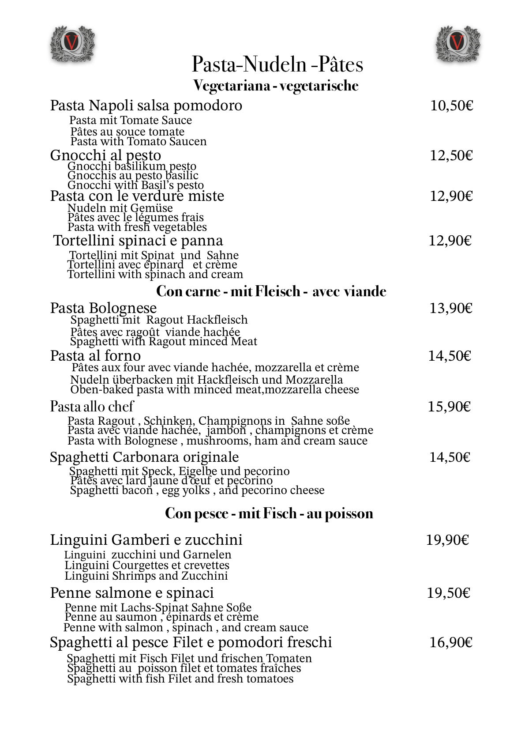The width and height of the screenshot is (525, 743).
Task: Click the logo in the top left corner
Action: point(72,43)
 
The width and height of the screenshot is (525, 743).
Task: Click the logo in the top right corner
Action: point(457,43)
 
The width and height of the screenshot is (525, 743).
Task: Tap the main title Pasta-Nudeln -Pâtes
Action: point(277,64)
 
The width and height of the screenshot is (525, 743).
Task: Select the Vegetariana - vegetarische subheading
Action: point(276,86)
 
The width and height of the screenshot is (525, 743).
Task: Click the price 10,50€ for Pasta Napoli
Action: point(451,106)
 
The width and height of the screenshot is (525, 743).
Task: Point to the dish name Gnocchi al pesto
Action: point(105,155)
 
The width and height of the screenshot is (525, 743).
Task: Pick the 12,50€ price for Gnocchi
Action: point(451,155)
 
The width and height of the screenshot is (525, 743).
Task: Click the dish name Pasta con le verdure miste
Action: point(137,196)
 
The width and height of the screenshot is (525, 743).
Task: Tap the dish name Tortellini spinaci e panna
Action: point(138,241)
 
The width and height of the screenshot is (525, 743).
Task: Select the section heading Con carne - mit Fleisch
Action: point(271,291)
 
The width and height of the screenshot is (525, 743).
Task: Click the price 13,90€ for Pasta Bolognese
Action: point(451,308)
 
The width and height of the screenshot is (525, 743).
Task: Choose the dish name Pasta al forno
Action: point(95,356)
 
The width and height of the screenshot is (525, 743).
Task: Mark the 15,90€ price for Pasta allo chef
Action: point(449,407)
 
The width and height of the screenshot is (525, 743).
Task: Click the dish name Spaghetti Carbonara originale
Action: point(144,457)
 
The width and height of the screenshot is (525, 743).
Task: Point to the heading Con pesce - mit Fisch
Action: point(269,513)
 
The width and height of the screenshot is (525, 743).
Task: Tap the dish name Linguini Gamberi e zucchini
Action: point(146,540)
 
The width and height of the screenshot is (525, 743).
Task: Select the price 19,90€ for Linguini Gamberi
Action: point(447,540)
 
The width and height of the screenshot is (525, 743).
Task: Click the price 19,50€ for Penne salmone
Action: point(448,593)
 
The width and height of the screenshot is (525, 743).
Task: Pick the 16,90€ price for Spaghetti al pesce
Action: point(451,643)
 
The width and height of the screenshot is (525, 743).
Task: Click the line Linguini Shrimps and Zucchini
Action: point(146,576)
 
